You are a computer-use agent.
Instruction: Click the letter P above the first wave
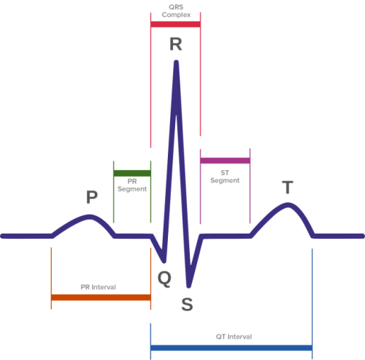click(x=91, y=196)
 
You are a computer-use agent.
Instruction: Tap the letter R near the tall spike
click(x=176, y=44)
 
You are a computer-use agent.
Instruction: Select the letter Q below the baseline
click(x=165, y=277)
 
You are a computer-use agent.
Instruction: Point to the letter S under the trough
click(x=188, y=305)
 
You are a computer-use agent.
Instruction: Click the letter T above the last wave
click(x=288, y=187)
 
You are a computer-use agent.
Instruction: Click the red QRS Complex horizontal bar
click(x=175, y=24)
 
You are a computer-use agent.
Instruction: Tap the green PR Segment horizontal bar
click(x=132, y=174)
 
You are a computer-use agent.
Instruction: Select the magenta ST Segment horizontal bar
click(x=226, y=161)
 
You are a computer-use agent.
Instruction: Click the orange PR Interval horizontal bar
click(x=101, y=298)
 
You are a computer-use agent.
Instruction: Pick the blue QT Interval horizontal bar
click(x=231, y=348)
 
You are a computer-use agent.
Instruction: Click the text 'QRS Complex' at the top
click(x=175, y=9)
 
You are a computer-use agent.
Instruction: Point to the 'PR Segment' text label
click(x=132, y=185)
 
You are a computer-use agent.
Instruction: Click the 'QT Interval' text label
click(x=234, y=337)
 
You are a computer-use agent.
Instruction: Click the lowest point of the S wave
click(x=189, y=286)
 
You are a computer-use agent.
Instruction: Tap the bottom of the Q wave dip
click(x=163, y=261)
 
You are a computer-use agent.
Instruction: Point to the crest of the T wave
click(x=288, y=204)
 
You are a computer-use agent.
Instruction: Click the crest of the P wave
click(x=90, y=216)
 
